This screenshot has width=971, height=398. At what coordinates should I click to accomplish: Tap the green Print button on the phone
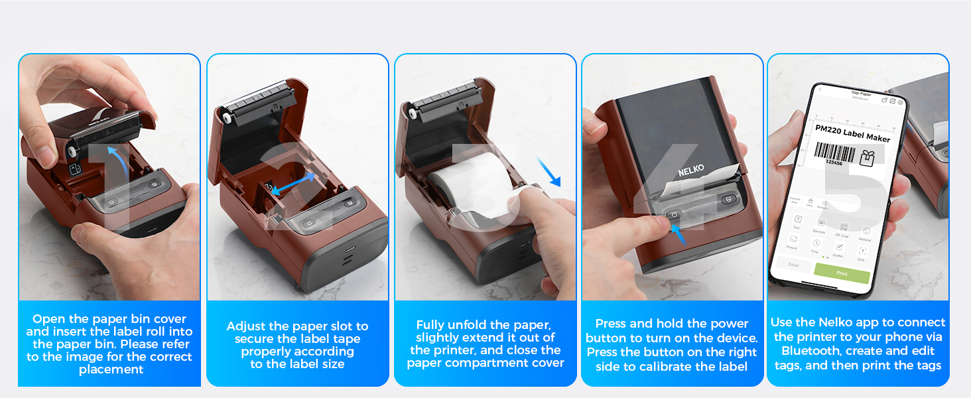(841, 273)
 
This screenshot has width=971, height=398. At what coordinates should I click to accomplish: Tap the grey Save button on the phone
(793, 264)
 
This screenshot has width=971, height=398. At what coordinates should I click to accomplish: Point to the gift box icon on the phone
(866, 158)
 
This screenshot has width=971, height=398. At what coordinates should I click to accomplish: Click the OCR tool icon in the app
(862, 252)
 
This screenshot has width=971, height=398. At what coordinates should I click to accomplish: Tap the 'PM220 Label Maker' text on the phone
(852, 135)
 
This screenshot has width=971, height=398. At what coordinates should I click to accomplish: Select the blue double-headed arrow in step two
(292, 185)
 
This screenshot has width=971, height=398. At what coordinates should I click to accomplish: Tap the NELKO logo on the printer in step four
(691, 171)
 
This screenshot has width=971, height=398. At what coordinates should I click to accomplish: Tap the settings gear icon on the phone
(900, 102)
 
